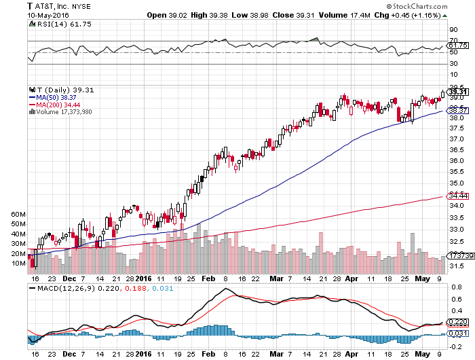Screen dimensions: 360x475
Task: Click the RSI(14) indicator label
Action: point(52,24)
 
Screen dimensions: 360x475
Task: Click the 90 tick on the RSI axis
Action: point(453,30)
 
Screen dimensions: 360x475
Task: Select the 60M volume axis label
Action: point(19,214)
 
